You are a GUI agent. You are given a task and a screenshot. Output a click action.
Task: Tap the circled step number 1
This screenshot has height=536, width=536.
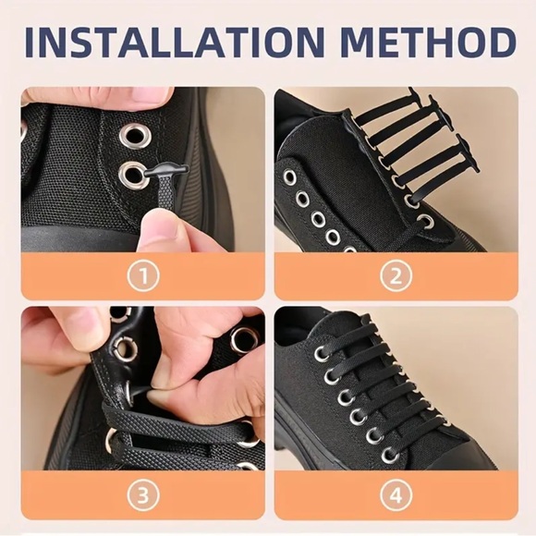tap(142, 274)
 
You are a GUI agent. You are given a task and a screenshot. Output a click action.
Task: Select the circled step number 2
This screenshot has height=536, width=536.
tap(396, 274)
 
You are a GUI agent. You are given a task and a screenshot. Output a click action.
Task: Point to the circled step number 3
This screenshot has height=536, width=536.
tap(142, 495)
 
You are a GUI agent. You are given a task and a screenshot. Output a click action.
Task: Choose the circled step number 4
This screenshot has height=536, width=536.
tap(396, 495)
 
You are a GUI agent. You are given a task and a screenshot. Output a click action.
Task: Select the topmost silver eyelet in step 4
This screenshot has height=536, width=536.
tap(320, 354)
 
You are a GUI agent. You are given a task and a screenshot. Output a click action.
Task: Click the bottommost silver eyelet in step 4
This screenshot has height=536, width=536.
tap(390, 455)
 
